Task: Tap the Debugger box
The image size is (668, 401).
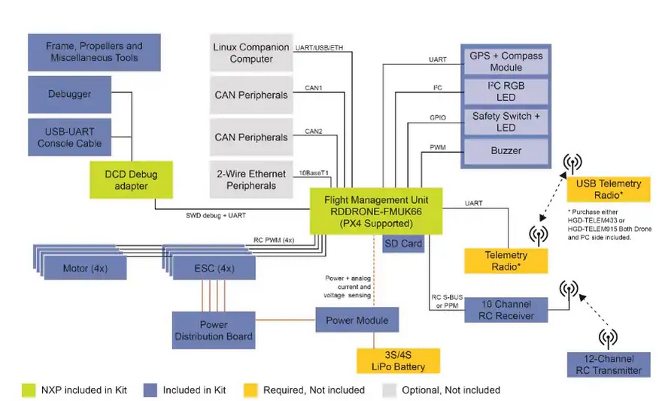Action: click(x=70, y=94)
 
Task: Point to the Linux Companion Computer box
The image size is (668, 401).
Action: click(x=251, y=53)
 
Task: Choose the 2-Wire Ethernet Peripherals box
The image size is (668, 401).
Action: click(x=251, y=180)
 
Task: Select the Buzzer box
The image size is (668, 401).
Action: click(x=506, y=150)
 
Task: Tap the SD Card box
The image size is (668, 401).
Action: click(x=404, y=244)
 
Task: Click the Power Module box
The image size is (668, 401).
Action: click(x=357, y=320)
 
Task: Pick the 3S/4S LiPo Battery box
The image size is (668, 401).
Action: click(x=398, y=361)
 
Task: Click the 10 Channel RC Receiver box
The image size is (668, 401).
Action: click(x=506, y=310)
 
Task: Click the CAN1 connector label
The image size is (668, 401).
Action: click(x=313, y=88)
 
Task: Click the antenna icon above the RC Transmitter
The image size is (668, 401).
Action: click(x=608, y=338)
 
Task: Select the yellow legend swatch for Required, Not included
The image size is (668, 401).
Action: click(x=250, y=390)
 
